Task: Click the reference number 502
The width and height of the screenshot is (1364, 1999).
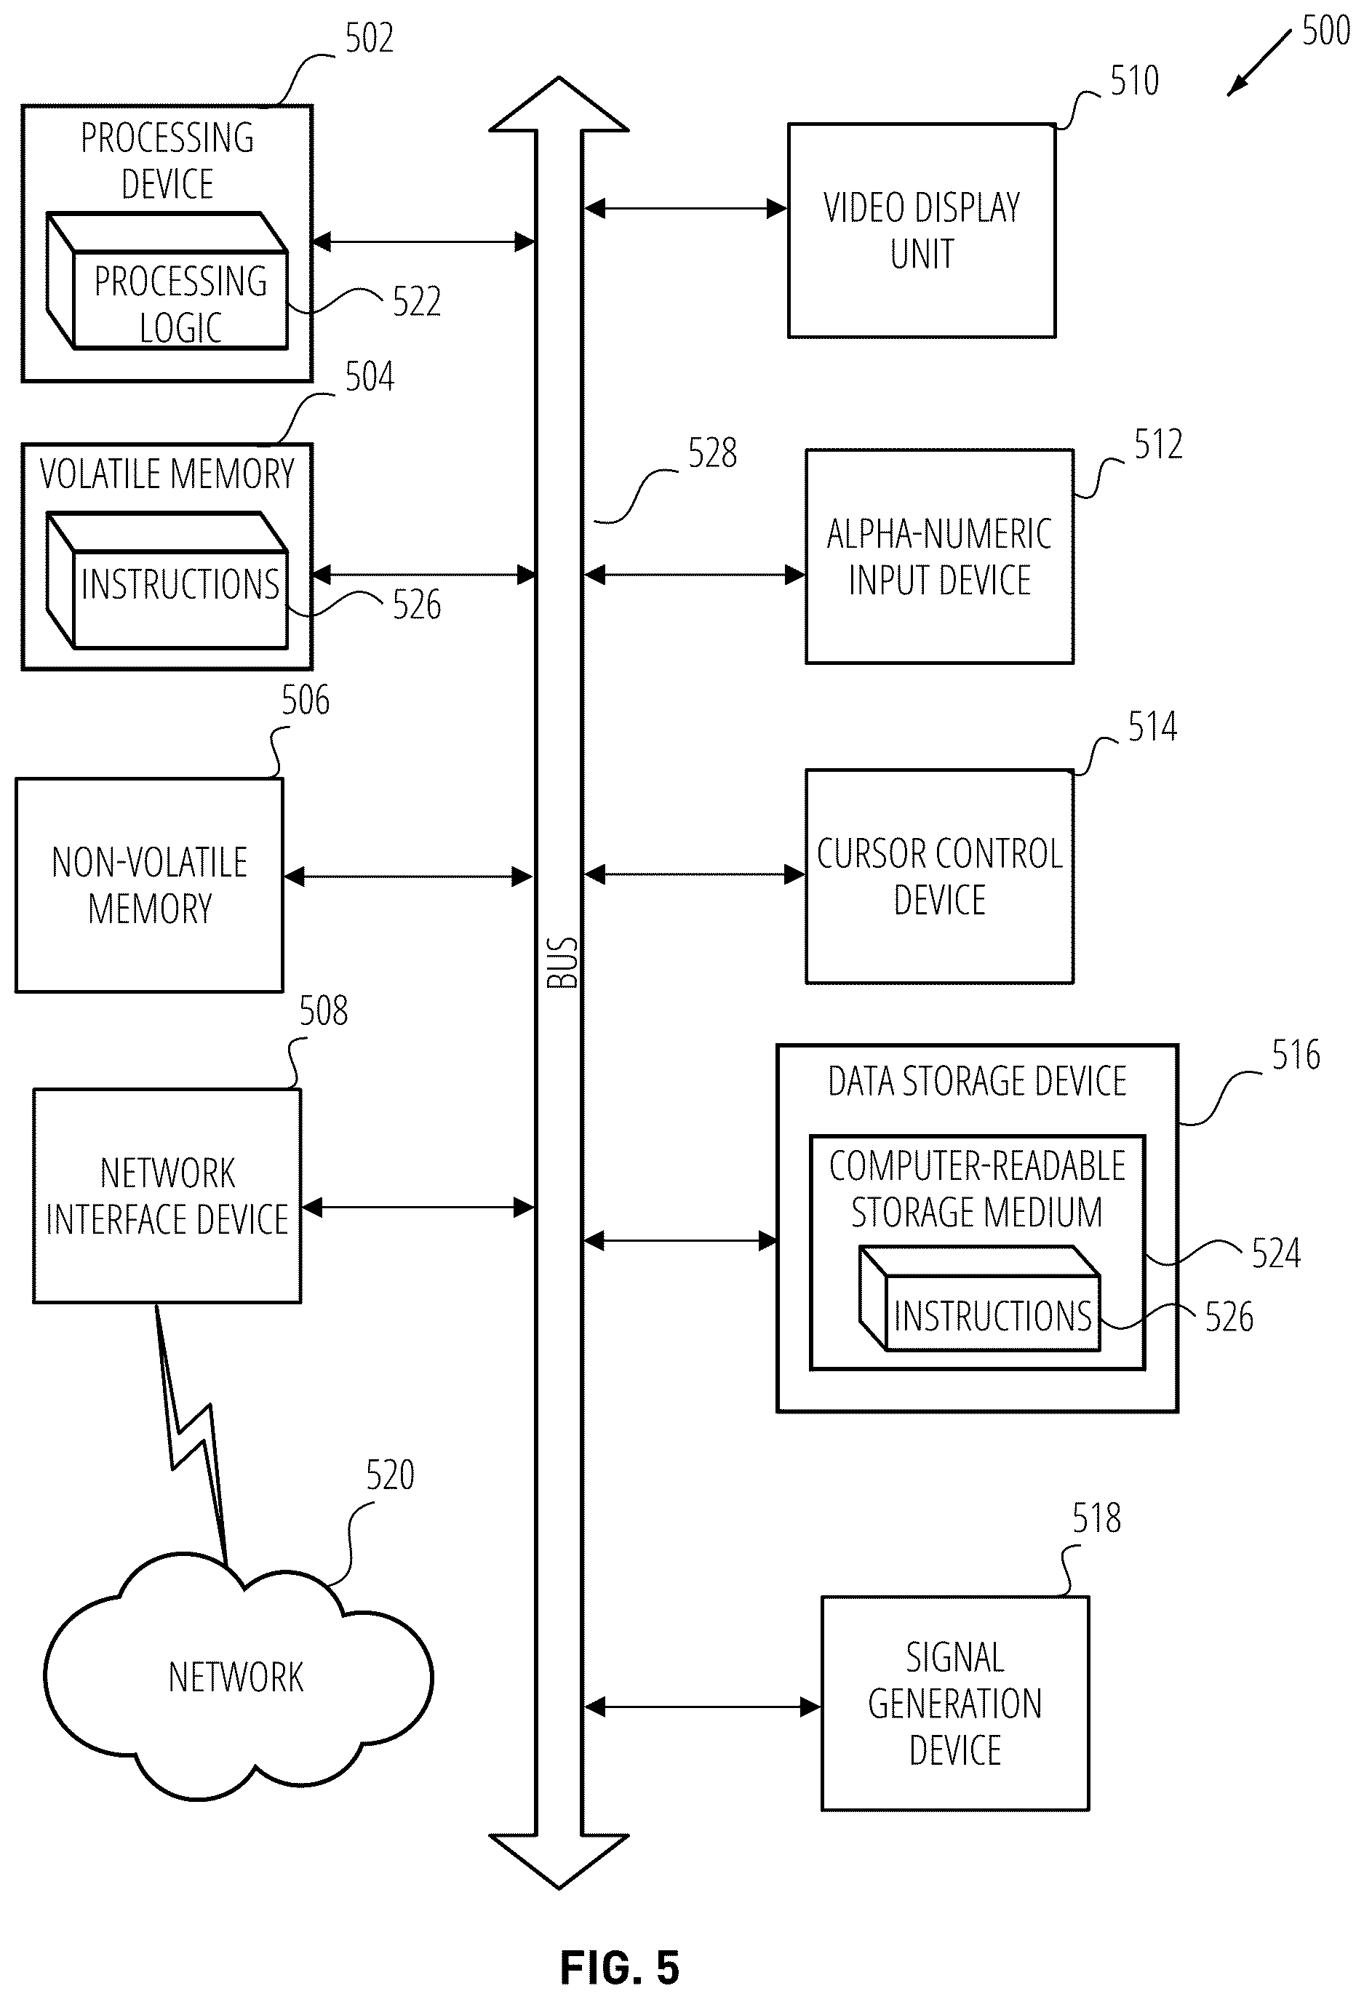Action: pos(369,39)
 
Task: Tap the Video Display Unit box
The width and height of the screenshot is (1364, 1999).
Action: pos(921,231)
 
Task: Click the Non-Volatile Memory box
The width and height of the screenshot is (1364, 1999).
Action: pos(150,885)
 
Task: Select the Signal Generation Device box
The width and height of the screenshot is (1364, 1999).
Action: pos(954,1703)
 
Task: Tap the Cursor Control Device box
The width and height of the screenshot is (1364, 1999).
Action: pos(939,877)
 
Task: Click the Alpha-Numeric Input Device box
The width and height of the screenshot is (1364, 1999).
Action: pos(939,556)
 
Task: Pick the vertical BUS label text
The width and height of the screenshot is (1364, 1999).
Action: pos(562,962)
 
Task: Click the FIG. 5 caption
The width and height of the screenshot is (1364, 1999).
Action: pos(619,1967)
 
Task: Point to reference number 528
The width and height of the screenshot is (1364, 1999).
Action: pos(712,453)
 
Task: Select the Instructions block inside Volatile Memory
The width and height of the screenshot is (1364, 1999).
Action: pos(167,580)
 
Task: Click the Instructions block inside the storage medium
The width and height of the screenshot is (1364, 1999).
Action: pos(980,1298)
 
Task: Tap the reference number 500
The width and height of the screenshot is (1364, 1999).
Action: pos(1325,31)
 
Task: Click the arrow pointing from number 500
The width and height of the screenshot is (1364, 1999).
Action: pos(1259,63)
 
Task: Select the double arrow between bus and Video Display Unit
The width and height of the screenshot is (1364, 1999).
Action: pos(685,208)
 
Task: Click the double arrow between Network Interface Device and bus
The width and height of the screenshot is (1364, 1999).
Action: pos(418,1208)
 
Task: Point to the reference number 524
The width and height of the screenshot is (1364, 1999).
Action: pos(1275,1253)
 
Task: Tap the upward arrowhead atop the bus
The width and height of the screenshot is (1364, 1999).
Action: pos(559,105)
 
